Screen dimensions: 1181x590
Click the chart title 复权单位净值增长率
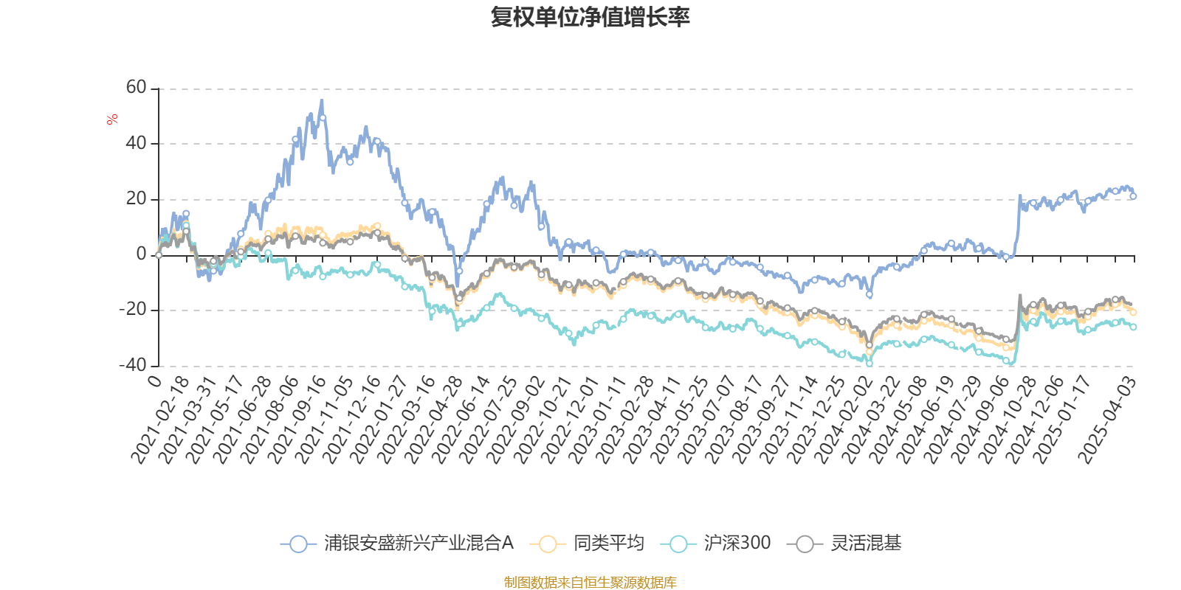(x=590, y=17)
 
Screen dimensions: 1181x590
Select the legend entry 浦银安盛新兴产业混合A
(x=397, y=543)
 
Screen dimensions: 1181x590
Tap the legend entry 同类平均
(x=587, y=543)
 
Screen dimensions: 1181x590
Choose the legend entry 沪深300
(x=715, y=543)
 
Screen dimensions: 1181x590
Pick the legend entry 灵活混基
(x=844, y=543)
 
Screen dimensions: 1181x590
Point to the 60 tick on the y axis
(x=136, y=88)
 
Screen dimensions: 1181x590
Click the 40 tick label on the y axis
(x=136, y=143)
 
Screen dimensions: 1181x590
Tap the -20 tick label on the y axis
(x=133, y=310)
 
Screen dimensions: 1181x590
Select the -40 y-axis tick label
(x=133, y=366)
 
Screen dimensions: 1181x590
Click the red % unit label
(x=111, y=119)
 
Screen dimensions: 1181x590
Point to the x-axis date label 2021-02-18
(x=159, y=420)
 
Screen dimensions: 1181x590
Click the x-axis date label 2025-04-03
(x=1106, y=420)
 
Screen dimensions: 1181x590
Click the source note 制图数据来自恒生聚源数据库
(x=590, y=582)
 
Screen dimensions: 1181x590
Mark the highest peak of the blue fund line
(x=322, y=100)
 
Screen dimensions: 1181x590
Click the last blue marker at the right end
(x=1133, y=196)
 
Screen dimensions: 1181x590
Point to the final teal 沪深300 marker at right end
(x=1133, y=327)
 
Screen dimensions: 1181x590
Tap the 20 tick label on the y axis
(x=136, y=199)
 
